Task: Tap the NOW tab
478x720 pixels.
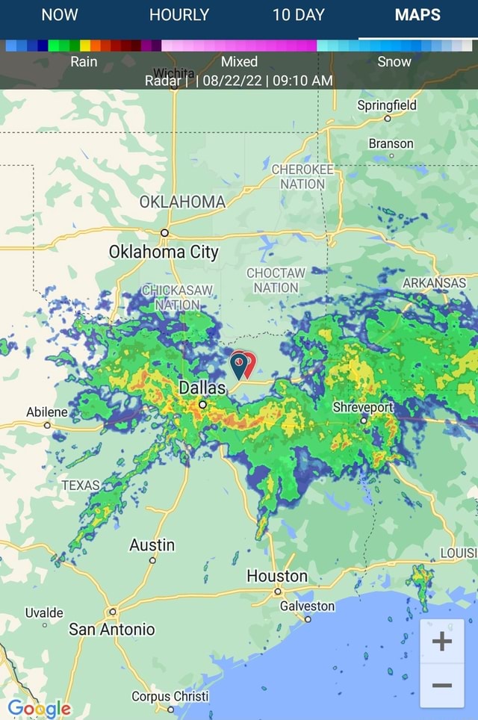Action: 60,15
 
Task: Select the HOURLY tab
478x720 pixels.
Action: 179,15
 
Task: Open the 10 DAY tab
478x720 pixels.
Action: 299,15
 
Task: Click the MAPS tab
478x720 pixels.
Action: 418,15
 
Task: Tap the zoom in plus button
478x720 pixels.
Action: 442,641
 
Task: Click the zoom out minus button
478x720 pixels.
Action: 442,685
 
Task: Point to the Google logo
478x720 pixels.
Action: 40,707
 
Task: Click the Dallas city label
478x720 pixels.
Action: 202,388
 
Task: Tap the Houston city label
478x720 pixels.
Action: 277,576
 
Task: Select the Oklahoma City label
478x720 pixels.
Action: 164,251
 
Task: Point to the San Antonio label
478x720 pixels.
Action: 112,630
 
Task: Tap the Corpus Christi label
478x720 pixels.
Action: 170,696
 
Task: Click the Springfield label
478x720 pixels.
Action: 387,105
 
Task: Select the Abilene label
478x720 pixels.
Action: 47,412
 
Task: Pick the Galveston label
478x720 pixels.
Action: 307,606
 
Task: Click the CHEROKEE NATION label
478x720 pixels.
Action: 302,176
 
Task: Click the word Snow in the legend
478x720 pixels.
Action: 394,61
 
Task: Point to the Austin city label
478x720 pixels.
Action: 152,545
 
